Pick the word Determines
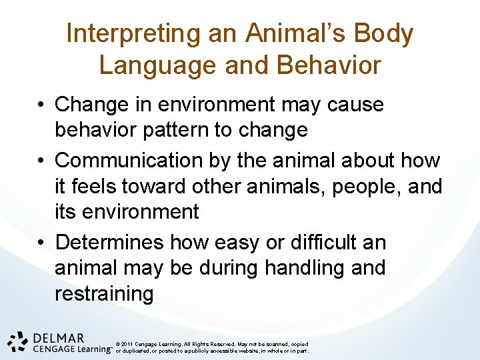(x=110, y=242)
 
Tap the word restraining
(x=104, y=294)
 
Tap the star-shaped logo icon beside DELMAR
(x=17, y=341)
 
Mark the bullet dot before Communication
(x=41, y=161)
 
